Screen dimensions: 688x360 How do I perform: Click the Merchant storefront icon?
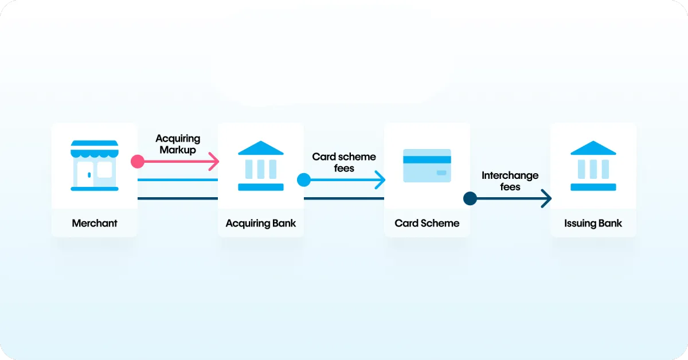(95, 166)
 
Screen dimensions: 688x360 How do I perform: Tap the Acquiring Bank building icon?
(261, 166)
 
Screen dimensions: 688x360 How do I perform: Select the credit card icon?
(427, 166)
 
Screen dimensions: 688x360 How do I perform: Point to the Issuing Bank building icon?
(593, 166)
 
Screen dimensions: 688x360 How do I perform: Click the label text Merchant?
(95, 224)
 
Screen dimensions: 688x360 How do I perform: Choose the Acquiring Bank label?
(261, 224)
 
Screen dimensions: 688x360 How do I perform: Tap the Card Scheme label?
(427, 224)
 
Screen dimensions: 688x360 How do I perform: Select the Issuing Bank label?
(593, 224)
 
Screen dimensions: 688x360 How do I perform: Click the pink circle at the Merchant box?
(137, 162)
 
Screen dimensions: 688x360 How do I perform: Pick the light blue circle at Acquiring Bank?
(304, 180)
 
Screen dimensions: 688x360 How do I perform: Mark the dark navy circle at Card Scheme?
(470, 198)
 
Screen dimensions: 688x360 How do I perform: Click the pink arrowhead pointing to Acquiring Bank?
(214, 162)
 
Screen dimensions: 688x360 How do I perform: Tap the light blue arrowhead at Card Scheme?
(381, 180)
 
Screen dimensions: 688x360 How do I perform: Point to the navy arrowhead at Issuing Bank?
(547, 198)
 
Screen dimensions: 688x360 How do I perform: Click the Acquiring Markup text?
(178, 144)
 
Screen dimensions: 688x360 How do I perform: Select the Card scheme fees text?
(344, 162)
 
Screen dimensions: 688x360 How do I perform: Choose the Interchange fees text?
(510, 181)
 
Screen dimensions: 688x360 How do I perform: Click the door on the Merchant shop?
(85, 174)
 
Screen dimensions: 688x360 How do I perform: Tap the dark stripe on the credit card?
(427, 160)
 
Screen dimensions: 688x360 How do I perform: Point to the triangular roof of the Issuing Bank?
(593, 148)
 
